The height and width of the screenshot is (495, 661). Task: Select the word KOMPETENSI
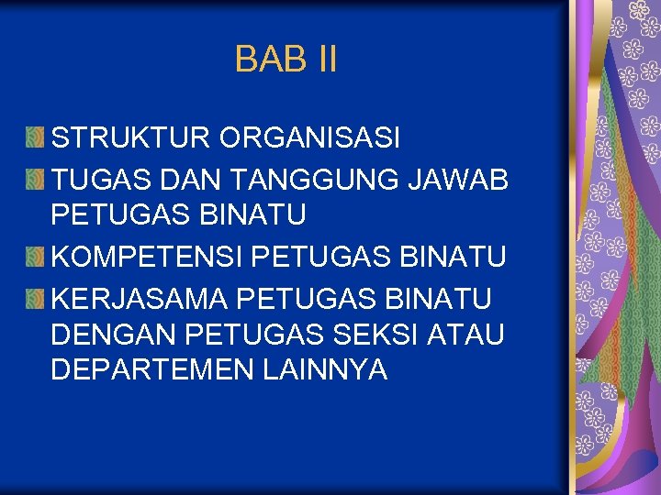[x=147, y=258]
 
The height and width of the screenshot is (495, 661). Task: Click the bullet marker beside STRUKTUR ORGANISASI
[x=35, y=138]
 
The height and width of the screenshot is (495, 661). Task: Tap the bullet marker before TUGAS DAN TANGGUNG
[x=35, y=180]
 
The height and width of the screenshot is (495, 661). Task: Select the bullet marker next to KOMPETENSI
[x=35, y=258]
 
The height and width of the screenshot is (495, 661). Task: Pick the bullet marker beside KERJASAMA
[x=35, y=299]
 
